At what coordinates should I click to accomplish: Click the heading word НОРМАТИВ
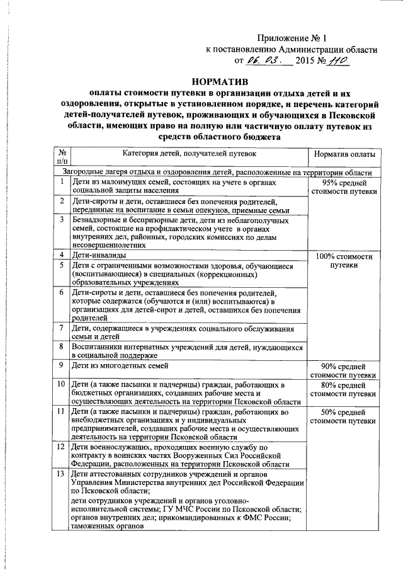219,81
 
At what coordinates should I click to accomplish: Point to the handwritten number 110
339,61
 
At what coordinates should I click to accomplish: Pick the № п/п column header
62,157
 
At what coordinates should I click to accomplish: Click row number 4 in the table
62,255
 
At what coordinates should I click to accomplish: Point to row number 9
62,366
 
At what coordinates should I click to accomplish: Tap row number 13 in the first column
62,474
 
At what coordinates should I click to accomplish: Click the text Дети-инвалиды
98,256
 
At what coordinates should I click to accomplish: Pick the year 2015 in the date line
308,62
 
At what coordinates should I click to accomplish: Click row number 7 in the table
62,328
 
